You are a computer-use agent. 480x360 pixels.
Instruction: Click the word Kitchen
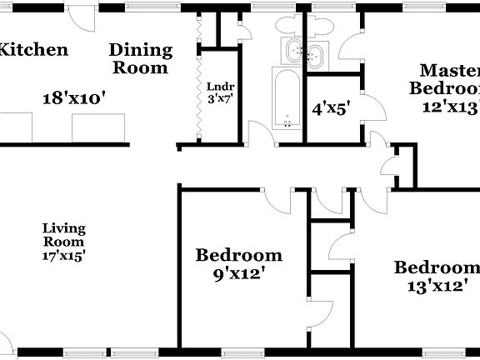click(32, 49)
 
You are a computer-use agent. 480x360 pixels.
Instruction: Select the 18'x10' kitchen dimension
click(74, 98)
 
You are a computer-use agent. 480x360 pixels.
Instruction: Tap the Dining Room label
click(141, 58)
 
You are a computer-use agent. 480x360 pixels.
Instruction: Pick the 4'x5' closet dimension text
click(330, 107)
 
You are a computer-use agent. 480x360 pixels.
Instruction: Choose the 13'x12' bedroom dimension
click(437, 287)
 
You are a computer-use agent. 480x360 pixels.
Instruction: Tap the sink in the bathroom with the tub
click(293, 52)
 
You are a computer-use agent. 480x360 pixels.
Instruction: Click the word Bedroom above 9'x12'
click(238, 255)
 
